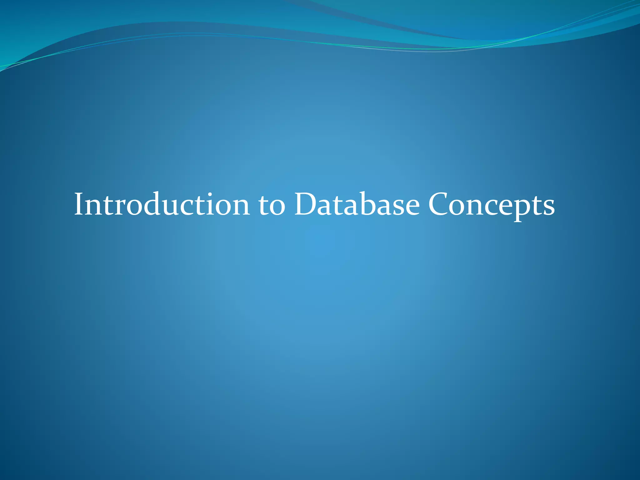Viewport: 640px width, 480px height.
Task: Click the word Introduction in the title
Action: pos(162,205)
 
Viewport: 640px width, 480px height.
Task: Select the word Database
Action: pos(357,205)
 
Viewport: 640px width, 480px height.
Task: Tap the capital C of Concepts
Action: pos(439,205)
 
